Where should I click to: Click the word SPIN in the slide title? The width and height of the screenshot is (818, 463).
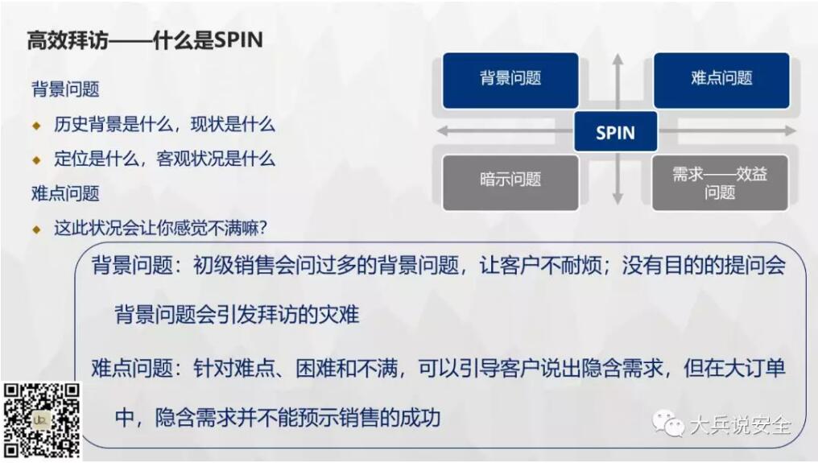(238, 39)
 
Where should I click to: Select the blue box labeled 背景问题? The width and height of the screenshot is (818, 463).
(510, 81)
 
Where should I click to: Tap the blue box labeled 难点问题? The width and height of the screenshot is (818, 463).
(721, 81)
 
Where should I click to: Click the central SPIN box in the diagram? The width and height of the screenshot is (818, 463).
(616, 131)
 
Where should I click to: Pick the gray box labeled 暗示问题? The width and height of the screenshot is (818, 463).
(510, 183)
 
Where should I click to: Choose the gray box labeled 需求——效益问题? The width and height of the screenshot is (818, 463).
(720, 183)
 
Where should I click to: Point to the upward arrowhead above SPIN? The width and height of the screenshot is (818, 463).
(618, 58)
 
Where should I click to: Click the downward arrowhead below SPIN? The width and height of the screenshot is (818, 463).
(618, 199)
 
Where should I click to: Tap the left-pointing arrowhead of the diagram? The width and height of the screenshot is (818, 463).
(442, 130)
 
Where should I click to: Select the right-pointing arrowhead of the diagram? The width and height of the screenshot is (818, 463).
(791, 130)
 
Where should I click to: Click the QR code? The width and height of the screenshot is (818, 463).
(42, 420)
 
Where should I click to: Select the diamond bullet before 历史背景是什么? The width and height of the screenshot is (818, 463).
(36, 126)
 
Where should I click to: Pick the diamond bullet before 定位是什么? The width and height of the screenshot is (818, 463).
(36, 159)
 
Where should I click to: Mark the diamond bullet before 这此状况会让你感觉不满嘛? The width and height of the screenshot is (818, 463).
(36, 229)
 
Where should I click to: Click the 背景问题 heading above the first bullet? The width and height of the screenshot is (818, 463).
(65, 89)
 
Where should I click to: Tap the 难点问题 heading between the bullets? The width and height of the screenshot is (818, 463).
(65, 194)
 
